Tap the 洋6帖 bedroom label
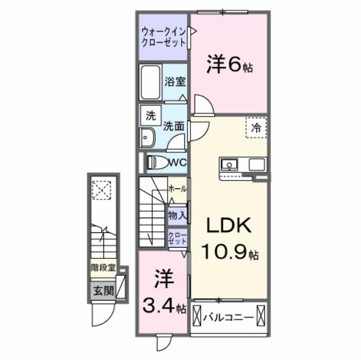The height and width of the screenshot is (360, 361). point(229,65)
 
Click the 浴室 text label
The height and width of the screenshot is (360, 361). point(174,82)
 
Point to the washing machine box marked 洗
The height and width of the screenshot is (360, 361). point(150,116)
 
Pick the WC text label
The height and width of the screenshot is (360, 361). point(178,162)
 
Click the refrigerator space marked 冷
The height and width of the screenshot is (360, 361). point(256,127)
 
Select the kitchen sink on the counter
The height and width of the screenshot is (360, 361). point(229,164)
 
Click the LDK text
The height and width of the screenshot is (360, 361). point(228,225)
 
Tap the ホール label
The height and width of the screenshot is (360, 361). point(177,189)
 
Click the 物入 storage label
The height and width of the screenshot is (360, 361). point(177,215)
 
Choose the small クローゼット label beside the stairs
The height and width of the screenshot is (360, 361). point(177,238)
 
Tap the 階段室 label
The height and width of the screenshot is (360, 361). point(102,268)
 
